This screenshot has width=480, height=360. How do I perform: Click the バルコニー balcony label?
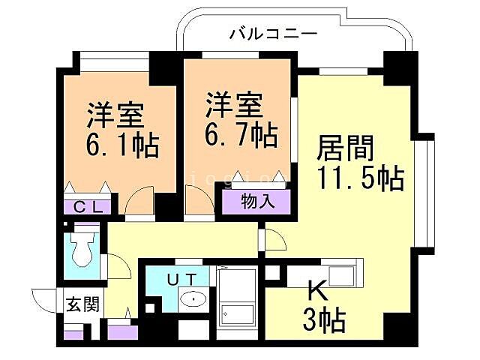pyautogui.click(x=273, y=34)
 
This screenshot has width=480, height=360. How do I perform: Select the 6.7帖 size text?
pyautogui.click(x=241, y=135)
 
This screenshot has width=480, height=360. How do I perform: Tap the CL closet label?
pyautogui.click(x=88, y=207)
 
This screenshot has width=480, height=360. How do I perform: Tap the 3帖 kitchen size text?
pyautogui.click(x=324, y=321)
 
